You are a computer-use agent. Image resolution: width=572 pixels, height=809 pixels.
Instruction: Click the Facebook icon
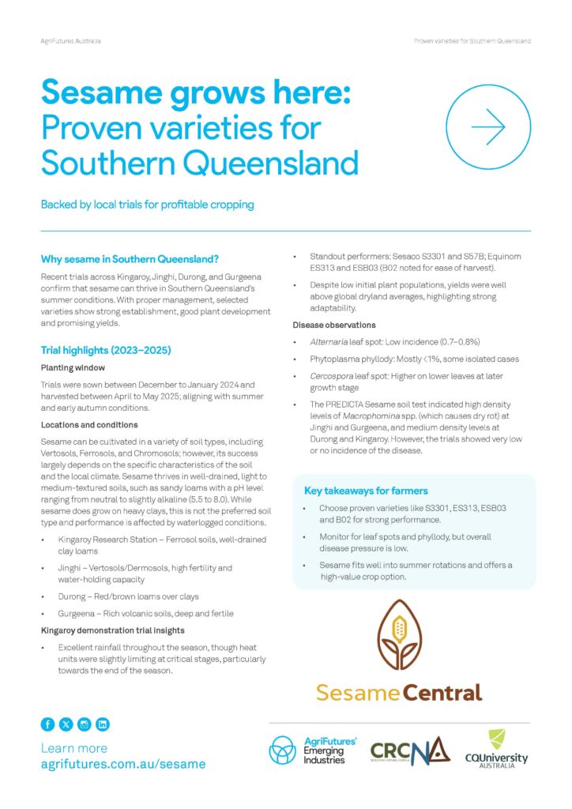(47, 724)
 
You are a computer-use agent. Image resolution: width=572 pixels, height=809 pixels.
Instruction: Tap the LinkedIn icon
(103, 724)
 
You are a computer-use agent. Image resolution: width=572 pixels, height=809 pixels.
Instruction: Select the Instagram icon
(85, 724)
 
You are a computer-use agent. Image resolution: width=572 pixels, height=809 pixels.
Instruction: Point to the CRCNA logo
(410, 750)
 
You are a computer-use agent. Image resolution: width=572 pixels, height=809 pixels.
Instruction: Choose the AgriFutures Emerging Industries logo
(307, 750)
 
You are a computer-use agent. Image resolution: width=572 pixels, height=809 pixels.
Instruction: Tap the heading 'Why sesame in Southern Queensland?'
(130, 259)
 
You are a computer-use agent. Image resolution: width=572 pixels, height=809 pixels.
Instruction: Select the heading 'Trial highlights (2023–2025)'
(106, 350)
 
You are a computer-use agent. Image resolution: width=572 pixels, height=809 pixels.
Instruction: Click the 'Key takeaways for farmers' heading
(366, 491)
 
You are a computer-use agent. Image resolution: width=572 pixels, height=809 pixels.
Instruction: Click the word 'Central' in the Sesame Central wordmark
(442, 694)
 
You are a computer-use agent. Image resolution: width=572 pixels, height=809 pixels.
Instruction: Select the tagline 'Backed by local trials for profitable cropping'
(148, 205)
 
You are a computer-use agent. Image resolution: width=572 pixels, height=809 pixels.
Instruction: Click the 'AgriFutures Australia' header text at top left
(70, 40)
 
